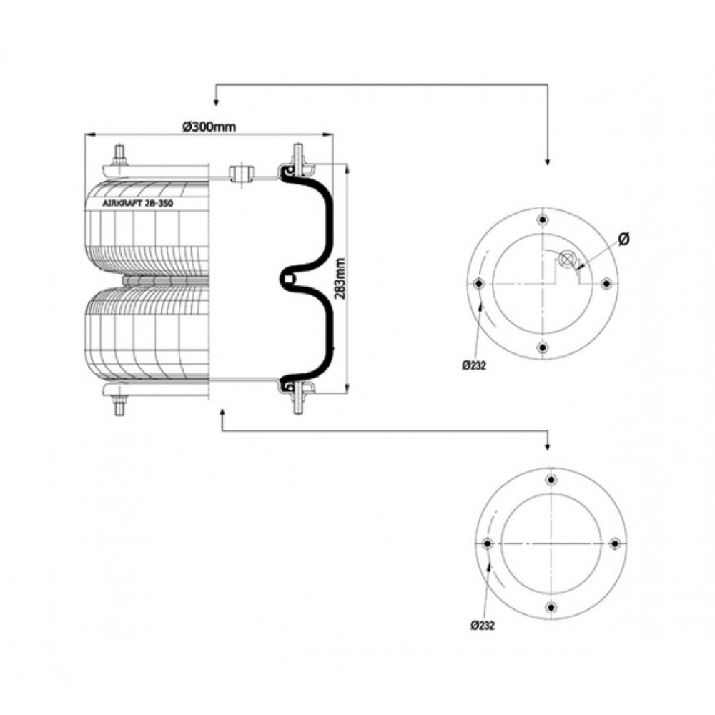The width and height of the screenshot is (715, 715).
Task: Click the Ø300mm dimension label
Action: point(209,127)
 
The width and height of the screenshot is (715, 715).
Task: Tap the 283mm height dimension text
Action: point(340,278)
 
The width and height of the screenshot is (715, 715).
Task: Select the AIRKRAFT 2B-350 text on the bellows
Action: point(138,204)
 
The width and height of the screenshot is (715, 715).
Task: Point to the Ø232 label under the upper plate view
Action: point(474,365)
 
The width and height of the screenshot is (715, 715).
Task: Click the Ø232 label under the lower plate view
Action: point(483,625)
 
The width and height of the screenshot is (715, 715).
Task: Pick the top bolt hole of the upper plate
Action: point(542,220)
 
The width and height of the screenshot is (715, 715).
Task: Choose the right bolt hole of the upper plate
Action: point(606,284)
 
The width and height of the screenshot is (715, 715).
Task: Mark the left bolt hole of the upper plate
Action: point(478,284)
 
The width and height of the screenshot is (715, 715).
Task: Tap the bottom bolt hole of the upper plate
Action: point(542,348)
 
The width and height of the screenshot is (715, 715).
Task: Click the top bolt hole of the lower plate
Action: point(551,480)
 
